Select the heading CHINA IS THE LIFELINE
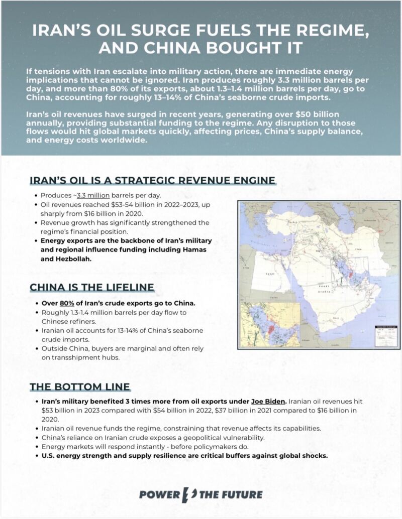point(91,287)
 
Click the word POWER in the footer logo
point(159,494)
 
